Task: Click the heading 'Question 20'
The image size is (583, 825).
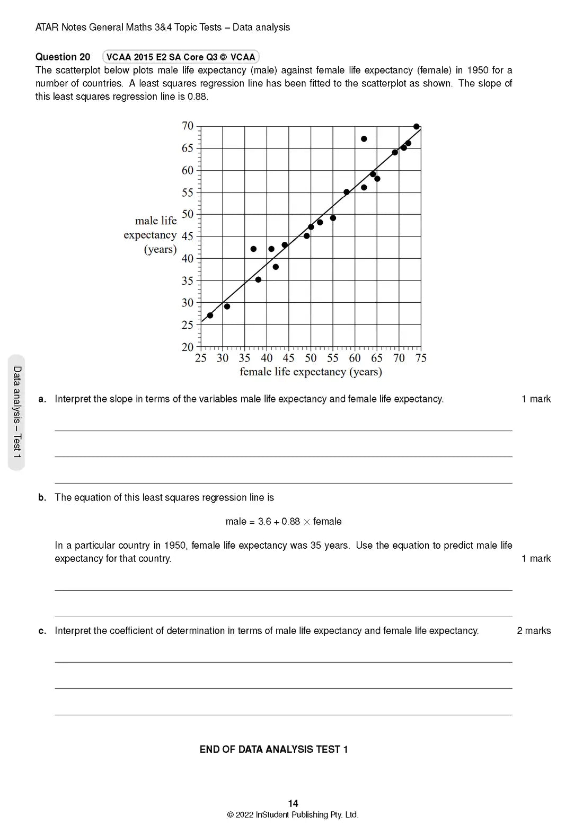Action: pos(63,57)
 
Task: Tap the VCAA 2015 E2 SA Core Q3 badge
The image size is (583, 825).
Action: pos(181,57)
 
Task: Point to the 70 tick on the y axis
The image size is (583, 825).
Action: pos(188,126)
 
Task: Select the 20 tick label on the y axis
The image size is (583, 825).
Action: pos(188,347)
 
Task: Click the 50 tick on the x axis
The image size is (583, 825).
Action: pos(311,358)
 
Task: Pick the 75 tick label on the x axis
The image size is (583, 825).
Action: pos(421,358)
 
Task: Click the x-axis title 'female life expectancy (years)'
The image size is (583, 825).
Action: pos(311,372)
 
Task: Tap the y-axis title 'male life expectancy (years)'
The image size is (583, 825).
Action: pos(151,235)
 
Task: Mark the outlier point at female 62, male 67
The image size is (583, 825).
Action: pos(364,139)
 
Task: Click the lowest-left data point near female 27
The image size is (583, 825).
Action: pos(210,315)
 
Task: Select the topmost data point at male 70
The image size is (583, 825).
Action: pos(417,127)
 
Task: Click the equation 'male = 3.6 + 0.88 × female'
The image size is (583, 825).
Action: pos(284,522)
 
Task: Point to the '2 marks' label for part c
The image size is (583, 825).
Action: pos(534,631)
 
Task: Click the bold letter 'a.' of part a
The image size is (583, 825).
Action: pos(42,399)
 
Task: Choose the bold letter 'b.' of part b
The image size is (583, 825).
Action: pos(42,498)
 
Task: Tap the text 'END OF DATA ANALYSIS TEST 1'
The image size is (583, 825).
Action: pos(273,750)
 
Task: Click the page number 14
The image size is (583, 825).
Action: pos(293,803)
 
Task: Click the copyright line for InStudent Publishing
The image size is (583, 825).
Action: pos(293,815)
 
